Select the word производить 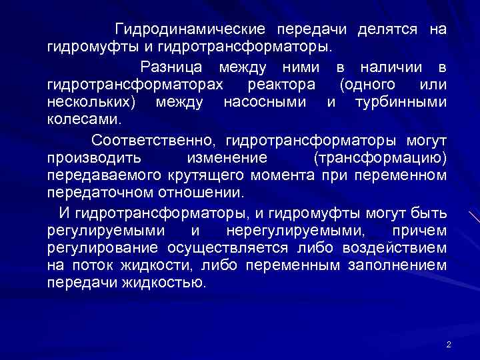[x=94, y=158]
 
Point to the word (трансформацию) [x=379, y=158]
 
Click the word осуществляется [x=230, y=249]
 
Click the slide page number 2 [x=449, y=345]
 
